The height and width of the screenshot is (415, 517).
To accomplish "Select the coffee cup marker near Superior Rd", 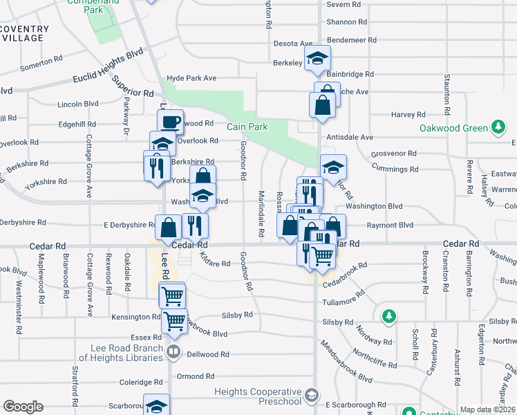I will (x=170, y=122).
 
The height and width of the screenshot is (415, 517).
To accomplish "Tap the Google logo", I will (x=23, y=407).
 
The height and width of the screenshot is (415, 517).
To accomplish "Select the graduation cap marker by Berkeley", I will (x=317, y=58).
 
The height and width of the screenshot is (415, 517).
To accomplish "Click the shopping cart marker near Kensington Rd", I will (x=174, y=321).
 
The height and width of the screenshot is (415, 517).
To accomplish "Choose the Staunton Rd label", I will (x=448, y=94).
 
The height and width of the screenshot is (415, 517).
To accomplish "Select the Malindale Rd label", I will (x=261, y=214).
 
